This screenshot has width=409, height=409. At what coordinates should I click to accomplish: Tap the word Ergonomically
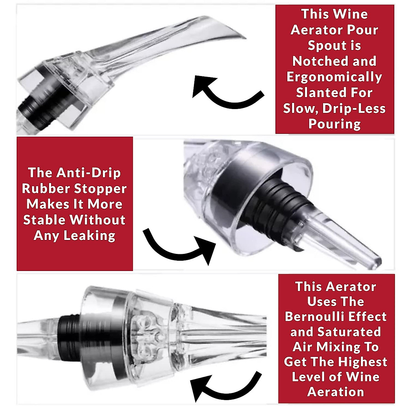point(334,77)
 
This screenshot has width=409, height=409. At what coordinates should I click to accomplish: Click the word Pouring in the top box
point(334,124)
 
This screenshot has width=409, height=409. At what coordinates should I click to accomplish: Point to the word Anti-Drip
point(88,173)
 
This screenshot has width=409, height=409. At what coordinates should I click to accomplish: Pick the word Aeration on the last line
point(335,392)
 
